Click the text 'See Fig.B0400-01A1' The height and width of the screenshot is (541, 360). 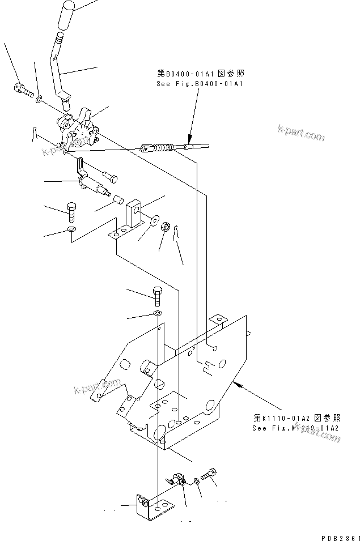pos(200,84)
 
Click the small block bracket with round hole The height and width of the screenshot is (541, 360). pos(134,212)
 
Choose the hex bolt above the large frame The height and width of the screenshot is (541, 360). pos(157,295)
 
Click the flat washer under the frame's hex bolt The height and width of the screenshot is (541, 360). pos(157,313)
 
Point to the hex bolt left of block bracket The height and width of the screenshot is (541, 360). pos(72,212)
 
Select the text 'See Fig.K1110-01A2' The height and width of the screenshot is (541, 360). pos(295,428)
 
